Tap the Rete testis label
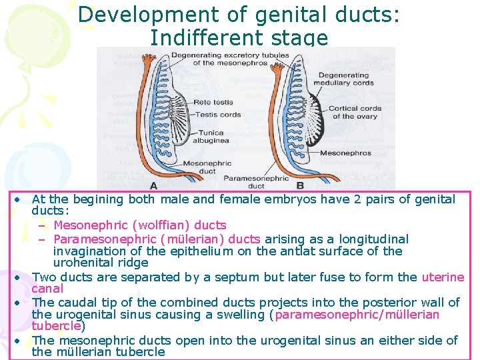(213, 103)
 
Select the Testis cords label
(218, 115)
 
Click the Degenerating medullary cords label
(343, 79)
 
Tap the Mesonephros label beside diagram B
(345, 153)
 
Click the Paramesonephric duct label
(256, 181)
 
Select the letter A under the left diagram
(154, 185)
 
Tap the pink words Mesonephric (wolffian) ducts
(140, 225)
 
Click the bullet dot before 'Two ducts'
(22, 277)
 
